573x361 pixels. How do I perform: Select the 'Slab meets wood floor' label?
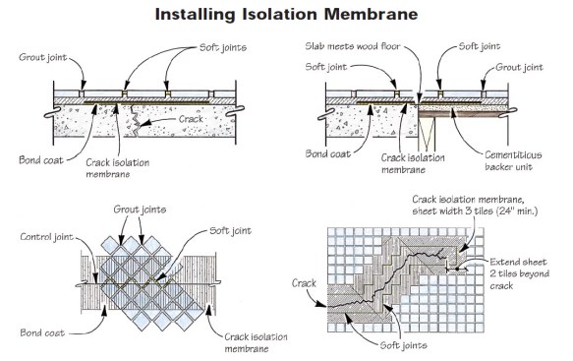coord(353,46)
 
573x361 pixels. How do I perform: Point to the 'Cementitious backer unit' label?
coord(513,160)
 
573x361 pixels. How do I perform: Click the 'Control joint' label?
coord(46,237)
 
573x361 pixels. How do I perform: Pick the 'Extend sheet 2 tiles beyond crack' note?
coord(519,273)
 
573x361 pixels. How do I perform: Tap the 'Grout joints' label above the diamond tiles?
coord(140,210)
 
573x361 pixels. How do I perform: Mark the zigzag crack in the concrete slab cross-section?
coord(135,121)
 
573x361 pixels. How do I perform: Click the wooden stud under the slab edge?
coord(427,129)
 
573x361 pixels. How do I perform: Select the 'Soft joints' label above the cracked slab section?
coord(223,47)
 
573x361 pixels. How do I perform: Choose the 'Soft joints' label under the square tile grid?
coord(403,345)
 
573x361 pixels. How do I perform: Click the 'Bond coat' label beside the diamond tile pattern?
coord(42,332)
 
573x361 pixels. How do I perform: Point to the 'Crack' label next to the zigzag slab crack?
coord(191,119)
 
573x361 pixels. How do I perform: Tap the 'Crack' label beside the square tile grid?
coord(304,282)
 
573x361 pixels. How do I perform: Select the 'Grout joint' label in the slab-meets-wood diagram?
coord(519,67)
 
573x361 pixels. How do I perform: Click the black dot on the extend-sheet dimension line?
coord(457,269)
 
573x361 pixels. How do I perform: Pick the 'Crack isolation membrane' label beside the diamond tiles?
coord(256,342)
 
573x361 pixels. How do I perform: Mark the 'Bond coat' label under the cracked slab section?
coord(41,159)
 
